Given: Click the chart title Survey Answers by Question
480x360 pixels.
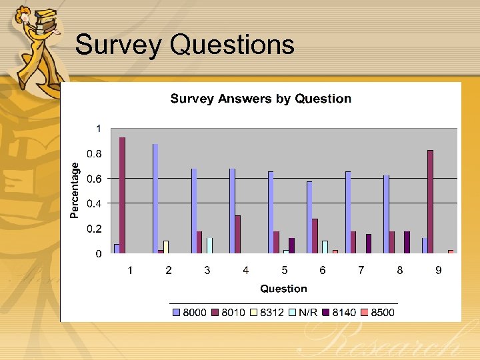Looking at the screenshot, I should (x=261, y=99).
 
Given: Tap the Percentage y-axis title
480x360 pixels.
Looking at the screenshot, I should (x=75, y=191).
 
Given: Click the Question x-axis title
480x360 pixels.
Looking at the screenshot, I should (x=283, y=289).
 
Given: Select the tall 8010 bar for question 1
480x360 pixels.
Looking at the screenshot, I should (x=123, y=195).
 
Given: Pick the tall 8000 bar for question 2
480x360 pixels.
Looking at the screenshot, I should (x=155, y=199).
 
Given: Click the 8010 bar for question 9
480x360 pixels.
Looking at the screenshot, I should (x=431, y=202).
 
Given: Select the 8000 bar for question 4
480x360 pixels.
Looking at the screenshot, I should (x=232, y=211).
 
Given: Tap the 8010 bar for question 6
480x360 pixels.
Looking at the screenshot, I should (x=315, y=236).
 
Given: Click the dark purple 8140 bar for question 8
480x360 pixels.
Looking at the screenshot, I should (x=407, y=242).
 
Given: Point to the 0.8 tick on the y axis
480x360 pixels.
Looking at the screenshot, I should (x=95, y=153).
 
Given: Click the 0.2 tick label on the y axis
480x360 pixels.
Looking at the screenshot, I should (x=95, y=229).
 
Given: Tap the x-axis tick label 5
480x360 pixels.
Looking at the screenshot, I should (x=285, y=270).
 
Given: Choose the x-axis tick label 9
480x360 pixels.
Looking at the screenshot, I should (x=439, y=270).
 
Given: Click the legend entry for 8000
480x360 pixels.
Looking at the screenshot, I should (x=189, y=312).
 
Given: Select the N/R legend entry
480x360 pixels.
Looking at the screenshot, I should (x=303, y=312).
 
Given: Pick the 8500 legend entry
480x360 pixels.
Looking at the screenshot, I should (x=379, y=312).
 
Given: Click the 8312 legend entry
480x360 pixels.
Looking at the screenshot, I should (x=267, y=312).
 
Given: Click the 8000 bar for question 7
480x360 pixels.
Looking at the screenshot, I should (x=348, y=212).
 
